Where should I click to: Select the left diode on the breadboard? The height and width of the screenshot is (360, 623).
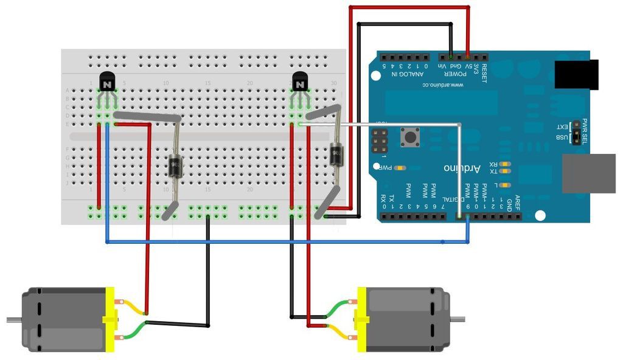click(x=175, y=164)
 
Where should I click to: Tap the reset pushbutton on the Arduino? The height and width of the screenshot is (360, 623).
click(x=409, y=137)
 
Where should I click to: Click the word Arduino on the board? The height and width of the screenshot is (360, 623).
click(x=462, y=167)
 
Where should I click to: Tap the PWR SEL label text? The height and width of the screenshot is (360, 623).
click(x=585, y=128)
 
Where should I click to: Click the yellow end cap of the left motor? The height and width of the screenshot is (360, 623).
click(x=110, y=319)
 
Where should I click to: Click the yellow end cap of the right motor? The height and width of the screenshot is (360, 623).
click(x=361, y=319)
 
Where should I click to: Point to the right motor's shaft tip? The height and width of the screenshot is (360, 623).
click(x=462, y=319)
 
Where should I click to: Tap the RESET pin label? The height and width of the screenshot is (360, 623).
click(x=484, y=68)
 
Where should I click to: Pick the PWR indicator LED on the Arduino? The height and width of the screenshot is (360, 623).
click(x=400, y=167)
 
